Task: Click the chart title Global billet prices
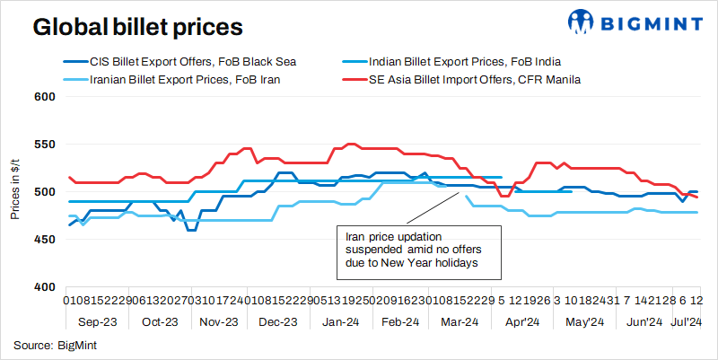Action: [x=137, y=27]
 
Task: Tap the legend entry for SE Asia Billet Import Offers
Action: [x=475, y=80]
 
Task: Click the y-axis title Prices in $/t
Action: [x=15, y=192]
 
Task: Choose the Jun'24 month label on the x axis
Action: [x=643, y=320]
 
